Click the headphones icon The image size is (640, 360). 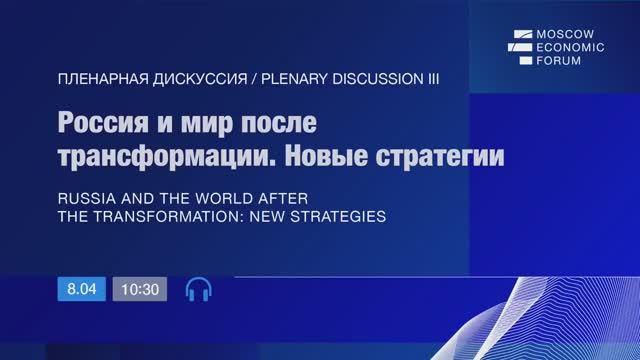[199, 289]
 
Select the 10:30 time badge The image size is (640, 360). [139, 289]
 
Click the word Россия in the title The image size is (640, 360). [107, 125]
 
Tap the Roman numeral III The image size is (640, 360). [430, 77]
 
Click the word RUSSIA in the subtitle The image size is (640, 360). [88, 198]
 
